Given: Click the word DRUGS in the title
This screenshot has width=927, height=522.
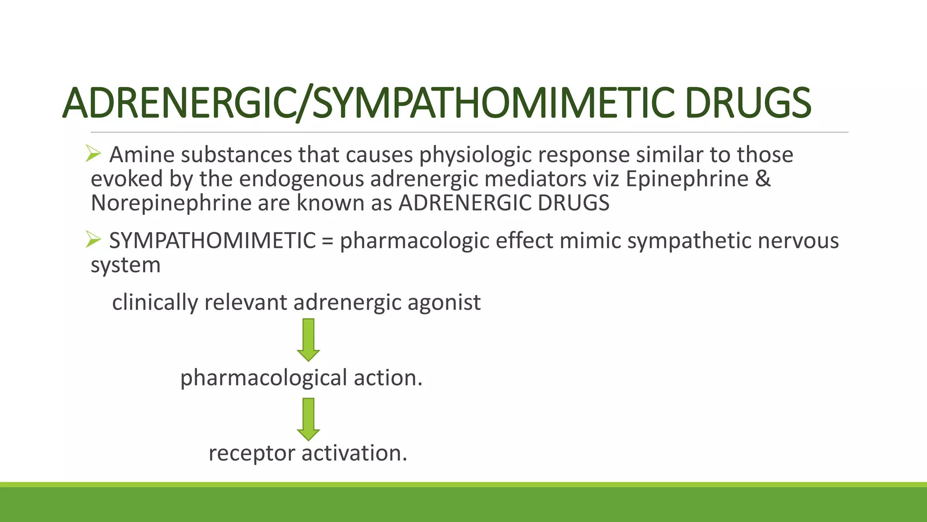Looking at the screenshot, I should [748, 103].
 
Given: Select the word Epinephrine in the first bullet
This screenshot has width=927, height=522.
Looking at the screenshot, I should [687, 179].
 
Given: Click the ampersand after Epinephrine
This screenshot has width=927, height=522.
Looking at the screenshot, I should [763, 179].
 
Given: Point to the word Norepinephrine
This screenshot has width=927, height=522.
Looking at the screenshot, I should [171, 203].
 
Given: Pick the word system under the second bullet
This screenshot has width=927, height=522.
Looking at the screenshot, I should [125, 265].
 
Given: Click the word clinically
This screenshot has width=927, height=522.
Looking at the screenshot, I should [154, 303].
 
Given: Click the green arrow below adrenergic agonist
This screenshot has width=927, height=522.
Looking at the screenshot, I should [308, 340].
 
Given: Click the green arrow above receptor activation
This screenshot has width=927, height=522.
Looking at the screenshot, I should [308, 419].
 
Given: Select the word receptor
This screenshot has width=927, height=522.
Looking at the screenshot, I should [252, 454].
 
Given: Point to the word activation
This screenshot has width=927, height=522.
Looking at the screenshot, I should [354, 453].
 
